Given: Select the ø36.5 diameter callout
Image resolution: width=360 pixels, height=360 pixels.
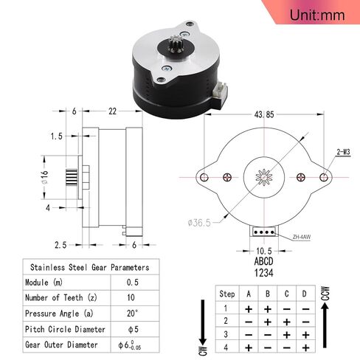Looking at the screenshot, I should click(x=198, y=221).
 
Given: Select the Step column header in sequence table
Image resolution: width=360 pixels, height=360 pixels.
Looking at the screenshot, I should click(x=227, y=293).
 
